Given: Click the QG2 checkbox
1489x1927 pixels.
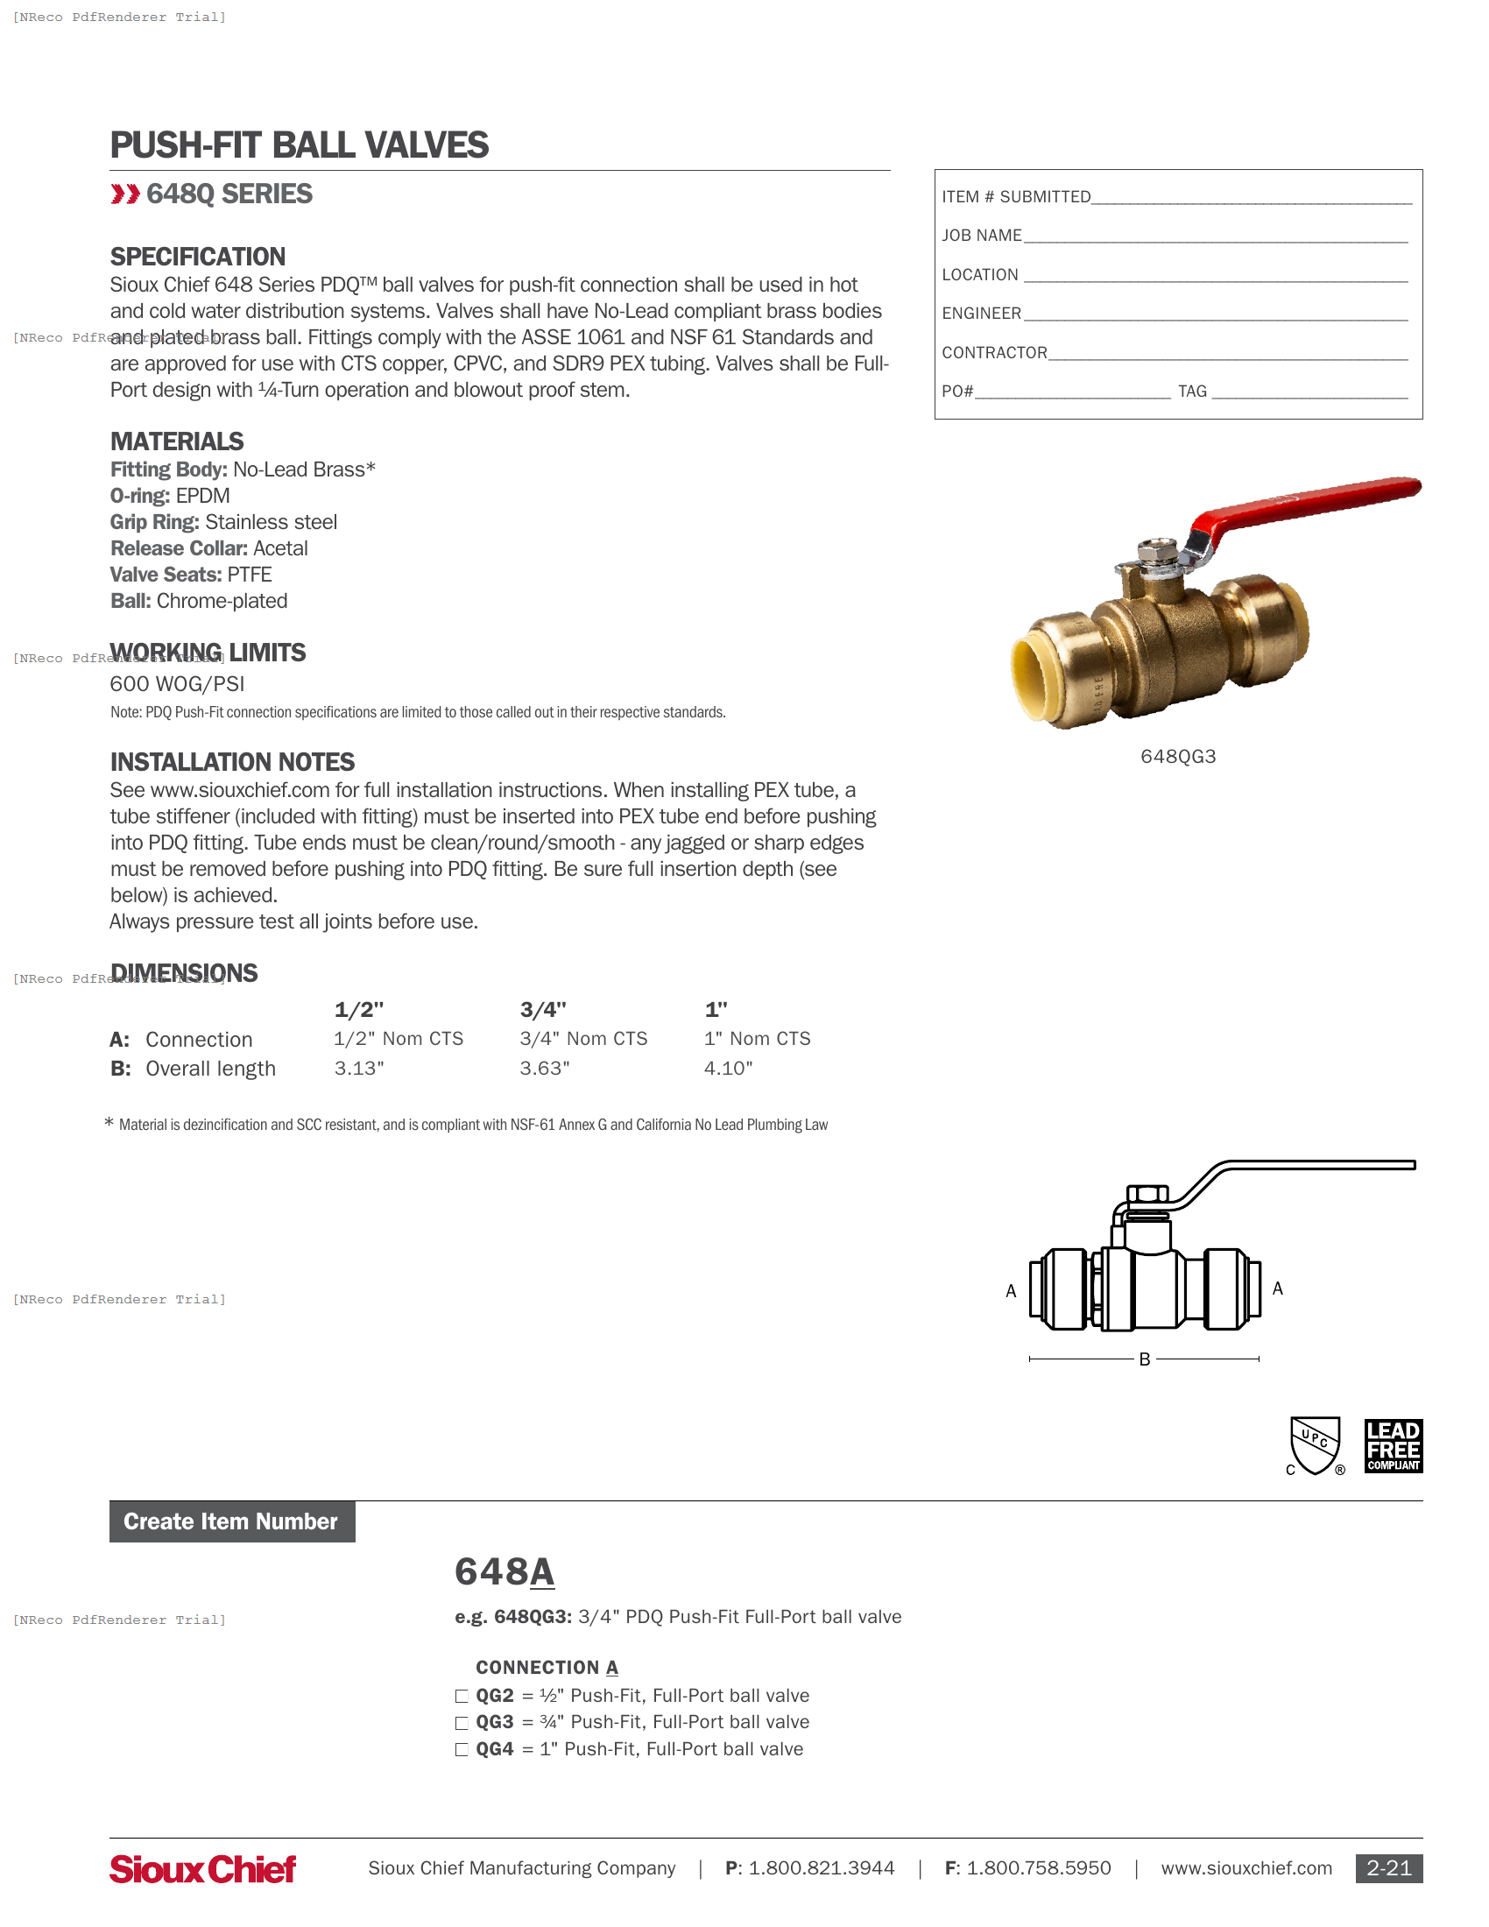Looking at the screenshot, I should pos(462,1697).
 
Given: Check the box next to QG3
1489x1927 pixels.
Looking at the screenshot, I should pos(462,1723).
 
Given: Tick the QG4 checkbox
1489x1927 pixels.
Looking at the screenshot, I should pos(462,1751).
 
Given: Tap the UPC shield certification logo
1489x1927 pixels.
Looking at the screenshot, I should pos(1315,1445).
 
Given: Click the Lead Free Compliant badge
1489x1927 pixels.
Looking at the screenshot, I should pos(1393,1445).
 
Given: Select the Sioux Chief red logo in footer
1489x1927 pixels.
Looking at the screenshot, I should pos(203,1869).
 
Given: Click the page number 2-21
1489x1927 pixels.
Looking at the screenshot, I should pos(1388,1868).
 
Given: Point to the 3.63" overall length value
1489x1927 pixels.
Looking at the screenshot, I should pos(544,1069).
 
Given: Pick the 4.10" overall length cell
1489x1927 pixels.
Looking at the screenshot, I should pos(728,1069).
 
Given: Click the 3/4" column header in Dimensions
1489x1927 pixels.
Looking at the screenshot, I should pos(542,1009).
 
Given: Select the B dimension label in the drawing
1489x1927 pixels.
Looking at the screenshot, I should pos(1144,1359).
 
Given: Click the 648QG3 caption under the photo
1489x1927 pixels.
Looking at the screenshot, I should pos(1177,757).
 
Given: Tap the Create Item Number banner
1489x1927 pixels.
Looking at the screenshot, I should pos(231,1522).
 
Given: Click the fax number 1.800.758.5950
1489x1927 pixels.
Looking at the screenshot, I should pos(1038,1868).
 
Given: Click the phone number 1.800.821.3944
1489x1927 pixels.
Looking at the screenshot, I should pos(822,1868).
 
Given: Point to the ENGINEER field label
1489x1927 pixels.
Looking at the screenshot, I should pos(981,314).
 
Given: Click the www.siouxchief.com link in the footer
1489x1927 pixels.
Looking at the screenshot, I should pos(1246,1868).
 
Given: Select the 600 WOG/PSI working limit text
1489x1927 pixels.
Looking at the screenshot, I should pos(177,684).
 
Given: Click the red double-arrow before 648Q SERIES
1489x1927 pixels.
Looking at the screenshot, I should pos(125,194).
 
